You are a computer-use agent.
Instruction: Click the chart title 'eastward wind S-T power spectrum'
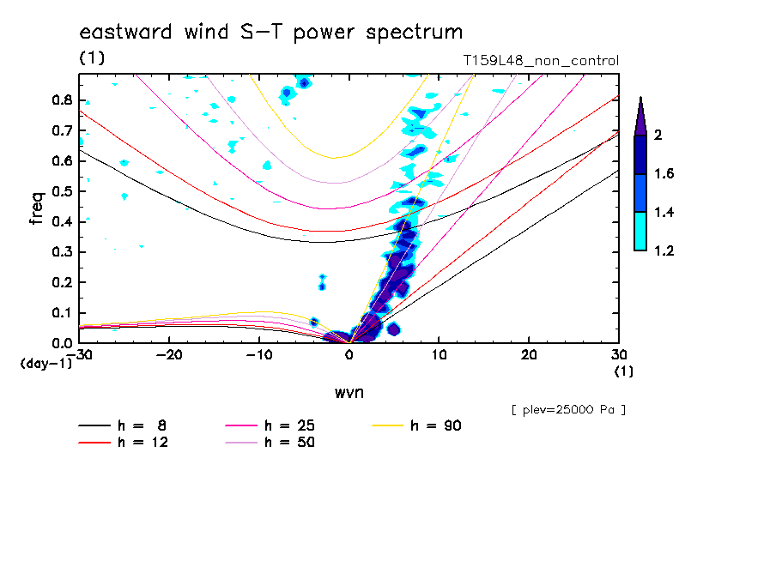[271, 33]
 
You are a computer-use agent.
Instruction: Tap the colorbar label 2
[658, 136]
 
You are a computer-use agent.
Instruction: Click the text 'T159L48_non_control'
[540, 61]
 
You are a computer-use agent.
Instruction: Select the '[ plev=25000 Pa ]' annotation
[568, 410]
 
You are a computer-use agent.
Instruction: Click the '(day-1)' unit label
[46, 364]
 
